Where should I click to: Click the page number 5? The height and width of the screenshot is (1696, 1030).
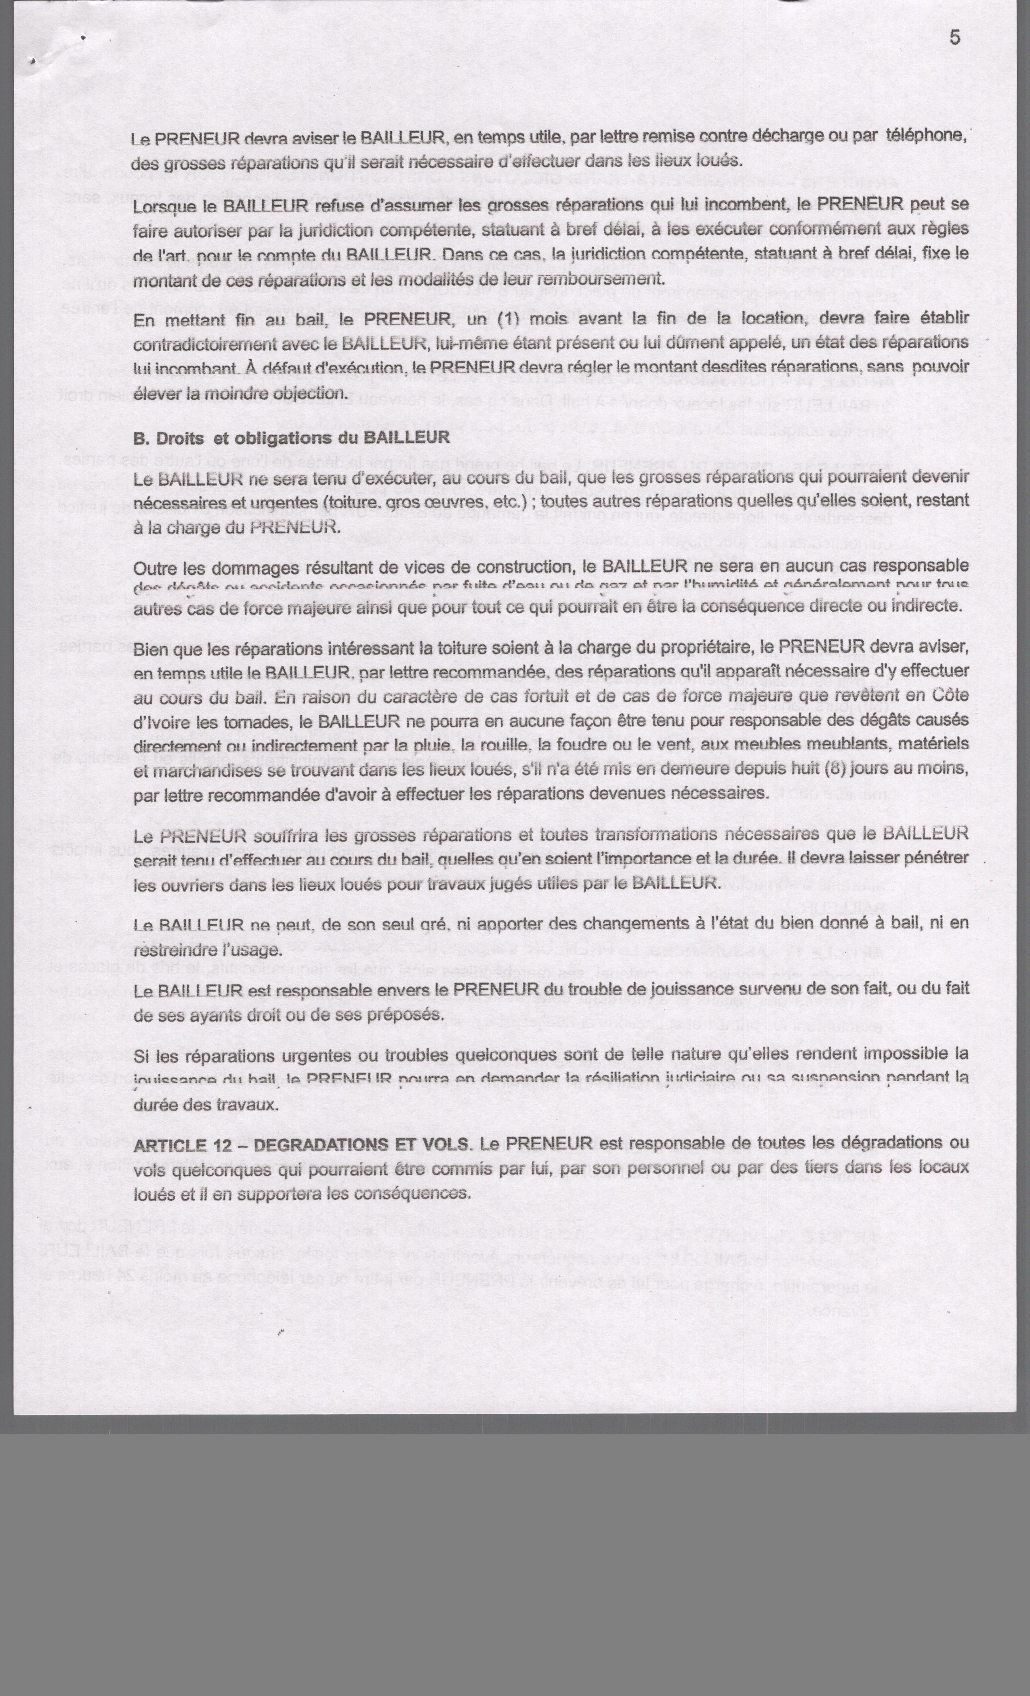pyautogui.click(x=955, y=37)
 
